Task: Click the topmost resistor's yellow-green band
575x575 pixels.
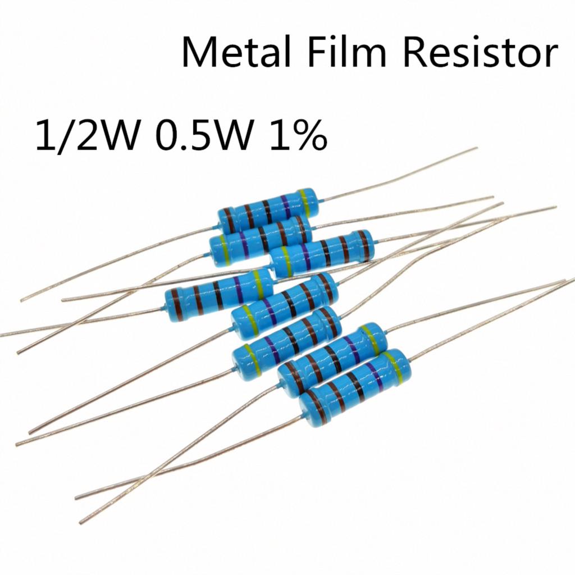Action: point(305,203)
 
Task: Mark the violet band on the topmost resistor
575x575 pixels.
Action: point(285,207)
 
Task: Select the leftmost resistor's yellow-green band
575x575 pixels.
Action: point(259,284)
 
